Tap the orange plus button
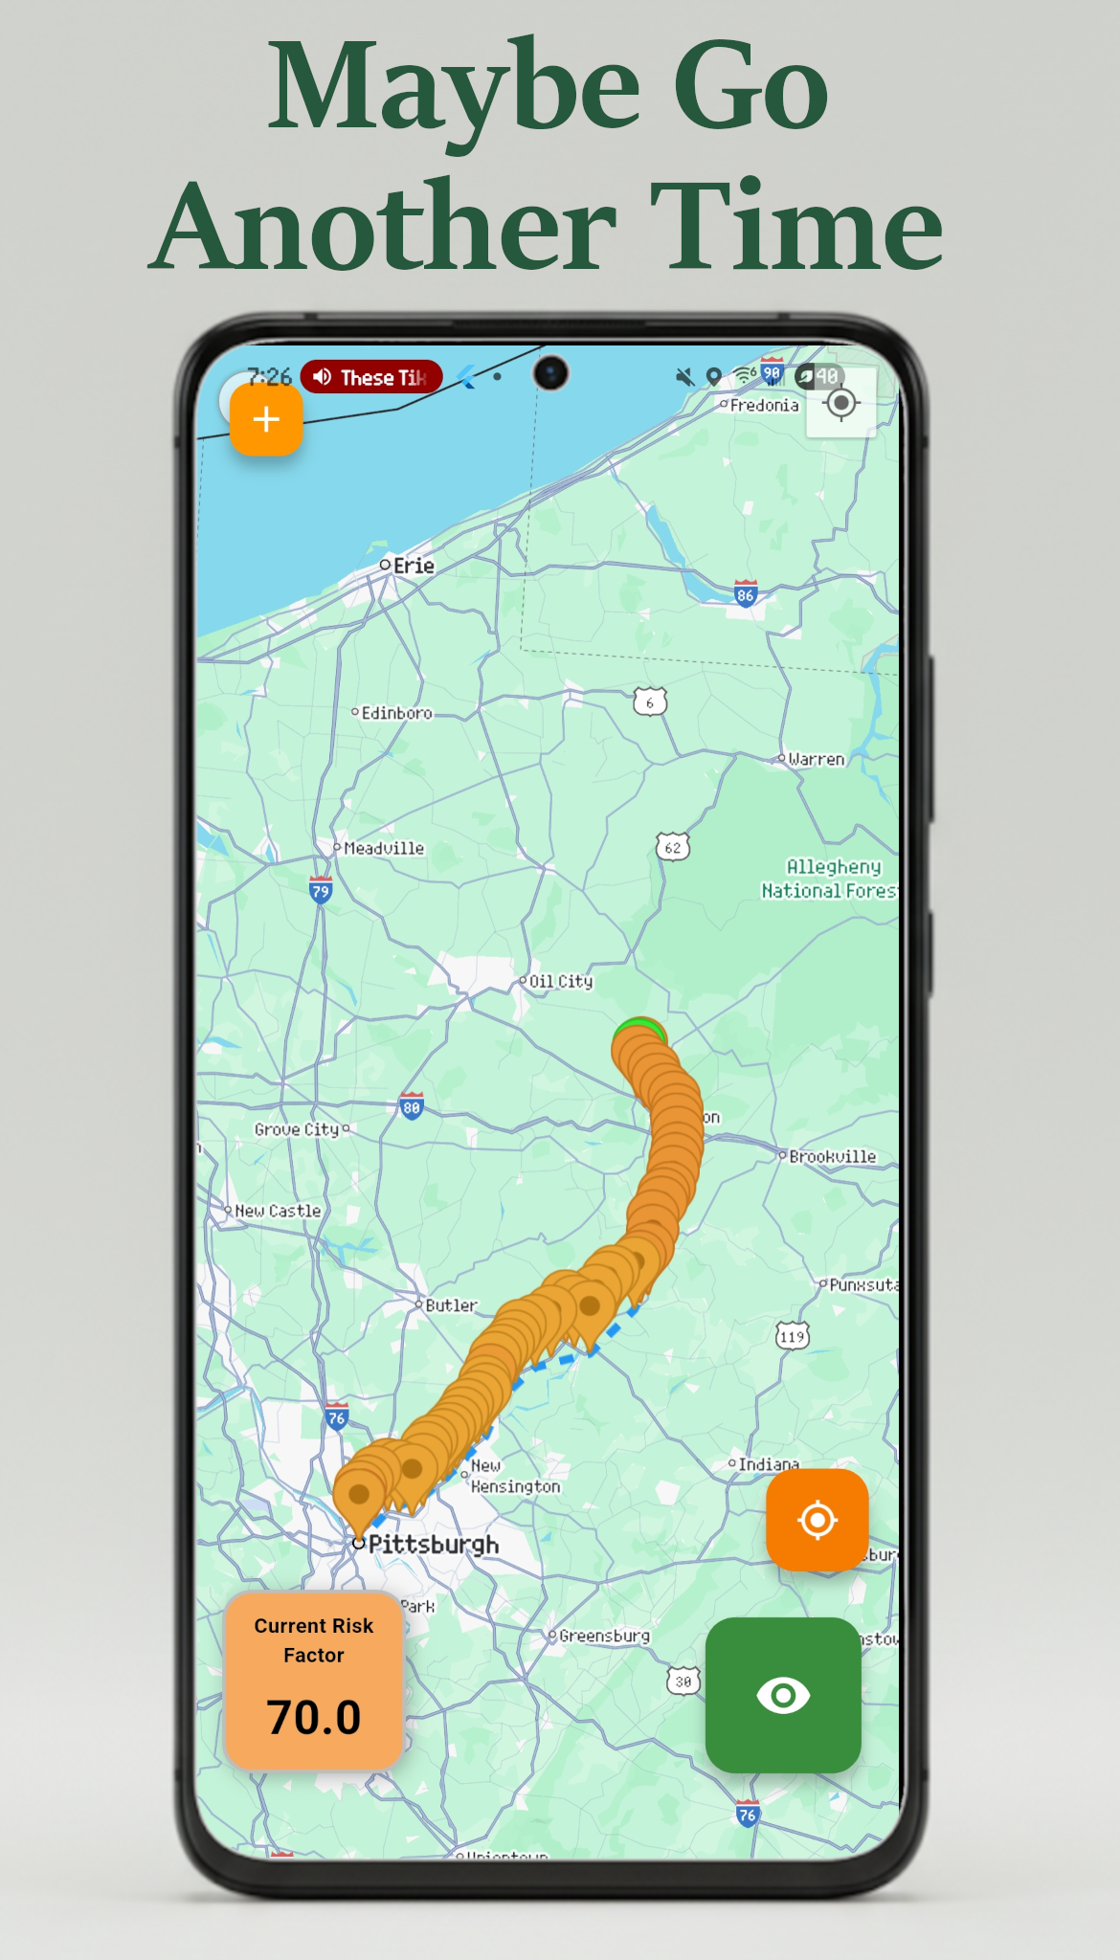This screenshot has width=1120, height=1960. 266,419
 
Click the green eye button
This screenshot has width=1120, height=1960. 783,1695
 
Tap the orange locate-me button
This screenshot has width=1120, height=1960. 817,1520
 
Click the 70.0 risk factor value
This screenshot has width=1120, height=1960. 314,1717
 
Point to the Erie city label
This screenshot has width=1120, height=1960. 414,566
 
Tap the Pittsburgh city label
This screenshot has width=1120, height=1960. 433,1544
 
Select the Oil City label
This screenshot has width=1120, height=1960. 561,981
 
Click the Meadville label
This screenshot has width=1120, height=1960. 383,848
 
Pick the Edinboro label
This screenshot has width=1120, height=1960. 396,713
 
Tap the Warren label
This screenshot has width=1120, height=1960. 816,759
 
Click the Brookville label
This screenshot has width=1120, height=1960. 832,1156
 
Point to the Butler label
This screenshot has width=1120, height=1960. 451,1305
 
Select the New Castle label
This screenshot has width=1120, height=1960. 278,1211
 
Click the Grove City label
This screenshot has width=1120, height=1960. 297,1129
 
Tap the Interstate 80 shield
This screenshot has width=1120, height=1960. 411,1106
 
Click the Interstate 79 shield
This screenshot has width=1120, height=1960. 321,890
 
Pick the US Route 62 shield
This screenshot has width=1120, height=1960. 673,847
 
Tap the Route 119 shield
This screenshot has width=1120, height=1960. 793,1336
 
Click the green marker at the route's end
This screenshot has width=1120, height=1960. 639,1030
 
